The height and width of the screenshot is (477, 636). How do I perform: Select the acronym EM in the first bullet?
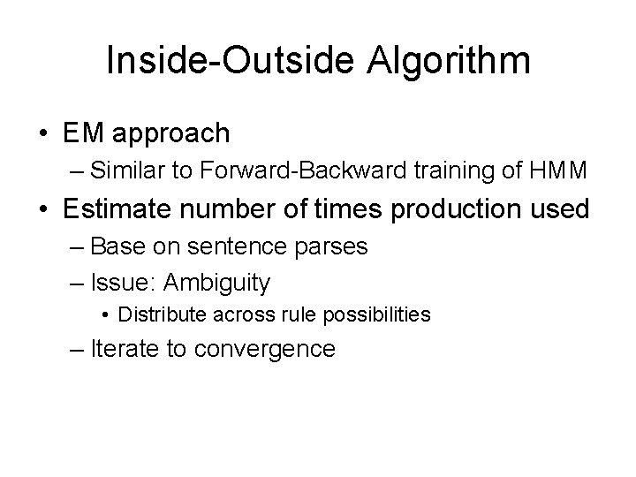pos(82,133)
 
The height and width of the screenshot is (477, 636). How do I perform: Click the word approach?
pos(169,135)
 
